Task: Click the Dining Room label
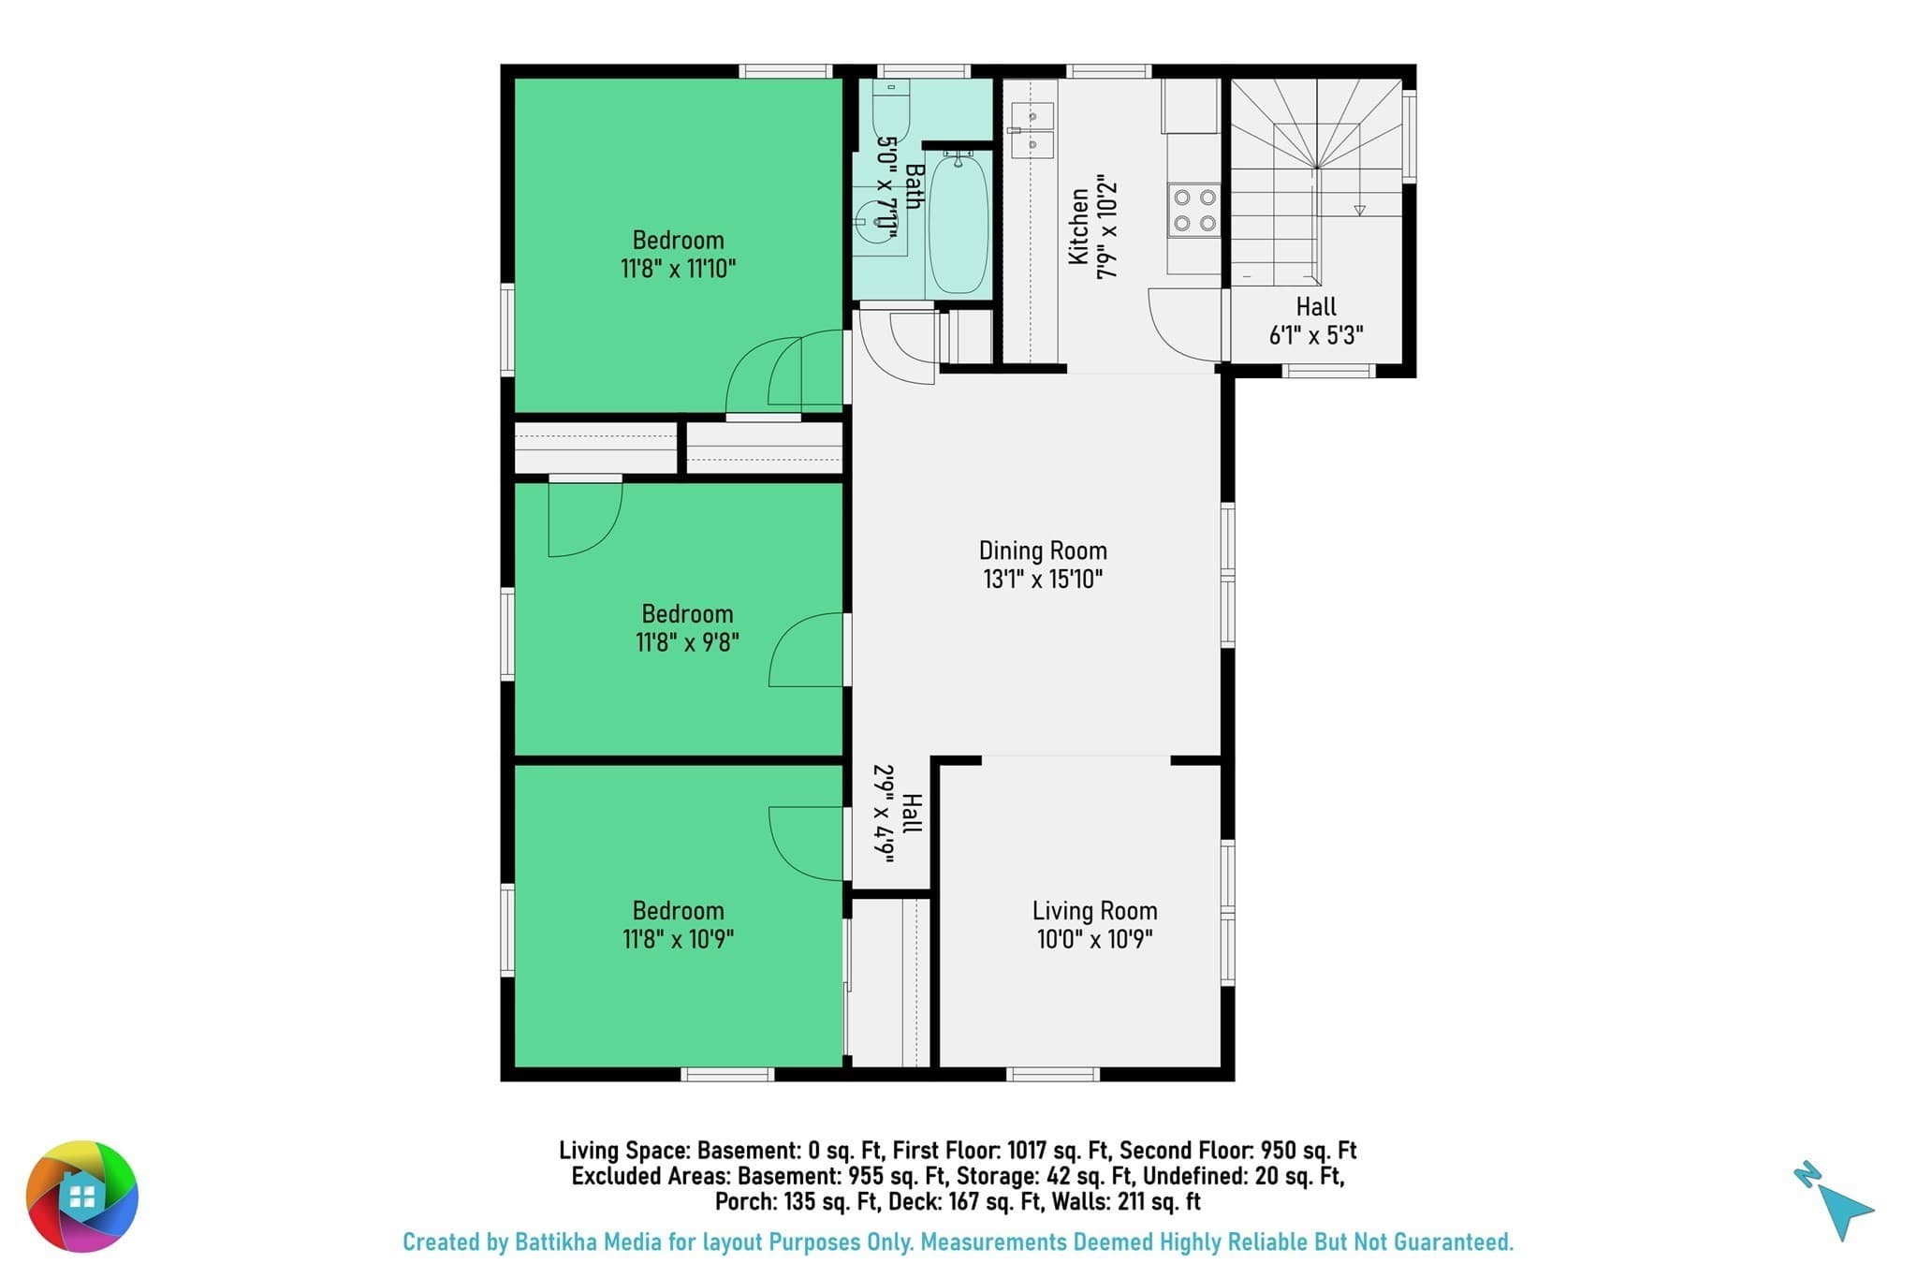(1043, 551)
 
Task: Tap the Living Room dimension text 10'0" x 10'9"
(1094, 939)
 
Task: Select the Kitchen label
(1078, 227)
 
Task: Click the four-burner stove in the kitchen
(1194, 210)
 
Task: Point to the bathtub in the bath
(958, 224)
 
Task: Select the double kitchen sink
(1031, 130)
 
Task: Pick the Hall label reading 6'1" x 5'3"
(1316, 320)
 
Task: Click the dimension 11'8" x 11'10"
(678, 270)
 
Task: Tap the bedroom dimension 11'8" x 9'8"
(687, 643)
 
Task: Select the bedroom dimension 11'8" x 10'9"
(678, 939)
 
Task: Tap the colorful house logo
(82, 1196)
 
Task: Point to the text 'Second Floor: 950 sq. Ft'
(1238, 1151)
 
